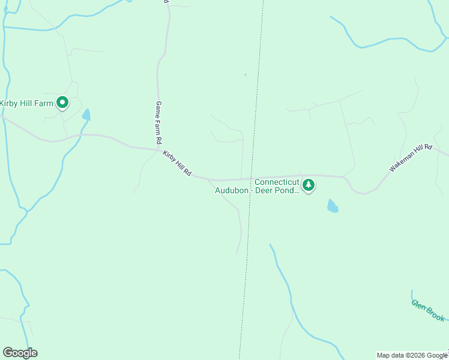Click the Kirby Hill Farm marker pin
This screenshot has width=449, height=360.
click(x=62, y=103)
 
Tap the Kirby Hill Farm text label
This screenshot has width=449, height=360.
click(x=28, y=103)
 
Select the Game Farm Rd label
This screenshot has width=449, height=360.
click(x=159, y=122)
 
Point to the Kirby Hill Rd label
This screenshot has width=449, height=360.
click(x=176, y=163)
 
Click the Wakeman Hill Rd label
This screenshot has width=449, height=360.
click(x=411, y=158)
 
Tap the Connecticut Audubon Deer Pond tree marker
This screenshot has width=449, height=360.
click(x=309, y=185)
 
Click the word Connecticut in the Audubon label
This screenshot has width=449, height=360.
click(x=277, y=182)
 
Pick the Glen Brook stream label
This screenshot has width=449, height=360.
click(x=428, y=310)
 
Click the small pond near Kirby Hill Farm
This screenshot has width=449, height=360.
click(x=86, y=115)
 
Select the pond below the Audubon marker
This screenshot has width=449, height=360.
click(x=332, y=206)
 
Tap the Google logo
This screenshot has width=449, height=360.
click(x=20, y=353)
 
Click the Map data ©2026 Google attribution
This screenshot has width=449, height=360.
click(x=412, y=355)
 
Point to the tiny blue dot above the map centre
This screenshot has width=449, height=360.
click(x=245, y=75)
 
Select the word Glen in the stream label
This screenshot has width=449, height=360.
click(x=419, y=304)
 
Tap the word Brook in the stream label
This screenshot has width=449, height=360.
click(x=435, y=314)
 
